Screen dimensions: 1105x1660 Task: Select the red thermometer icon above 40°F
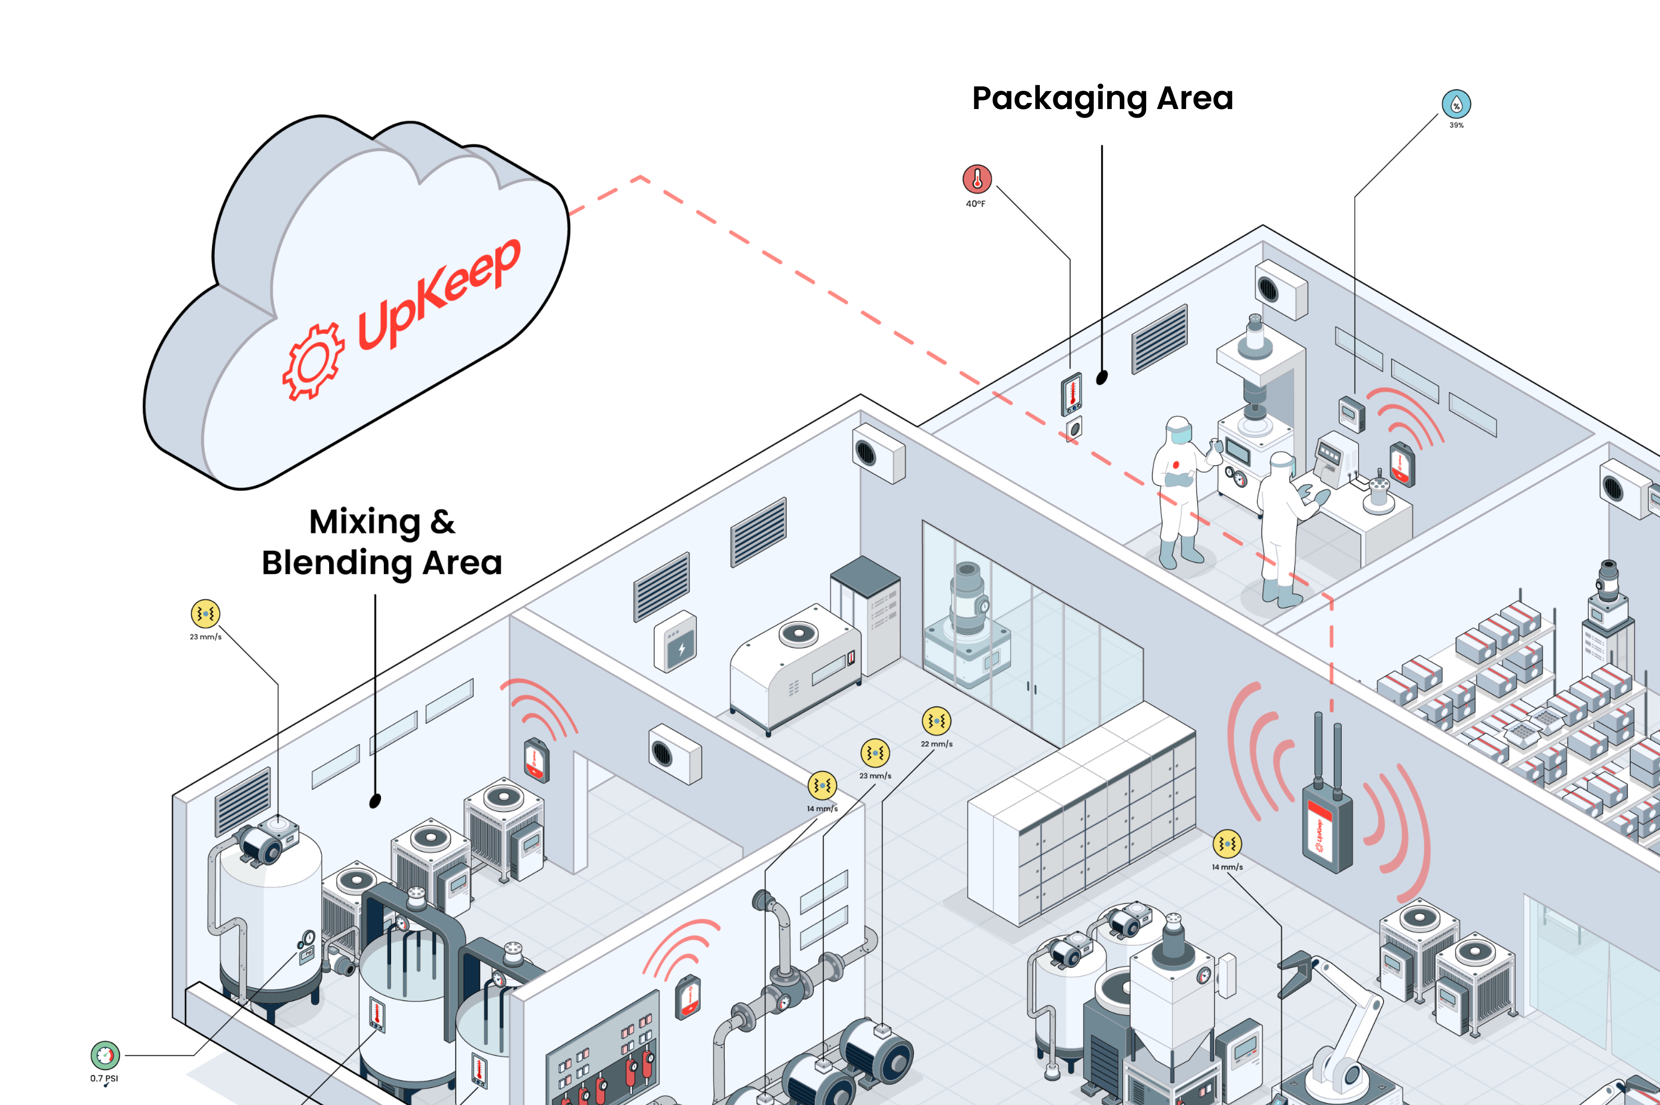click(977, 179)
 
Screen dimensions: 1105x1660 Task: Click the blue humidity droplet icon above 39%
click(1456, 104)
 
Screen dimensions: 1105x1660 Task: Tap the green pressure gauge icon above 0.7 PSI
click(105, 1055)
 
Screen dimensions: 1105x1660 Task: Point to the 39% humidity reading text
click(1456, 125)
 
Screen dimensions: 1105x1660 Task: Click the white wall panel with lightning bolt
click(676, 641)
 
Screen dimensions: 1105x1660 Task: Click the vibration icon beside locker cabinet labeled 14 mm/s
click(1227, 844)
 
